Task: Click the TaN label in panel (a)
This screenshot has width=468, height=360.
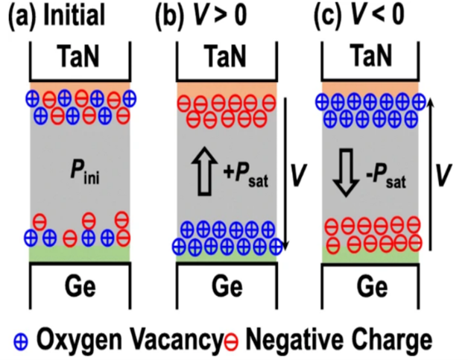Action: click(80, 57)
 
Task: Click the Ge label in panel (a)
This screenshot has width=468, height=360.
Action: click(80, 286)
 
